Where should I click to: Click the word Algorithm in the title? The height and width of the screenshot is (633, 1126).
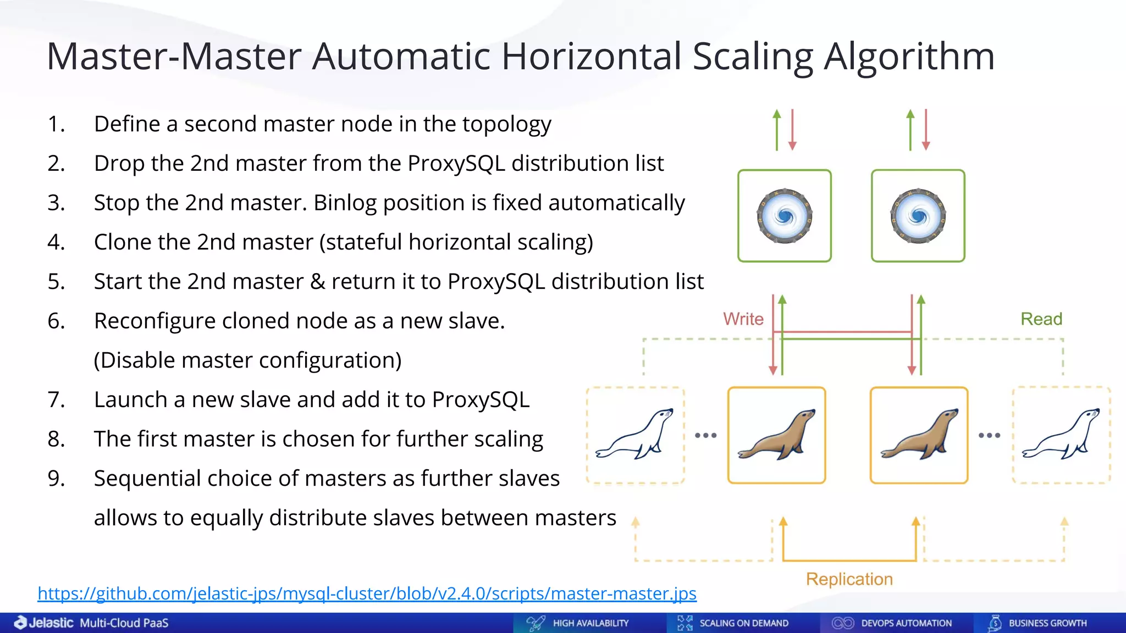pos(909,57)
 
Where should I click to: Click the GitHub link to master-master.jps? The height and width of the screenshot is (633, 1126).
pos(367,593)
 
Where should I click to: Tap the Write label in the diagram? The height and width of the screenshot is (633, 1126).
pos(743,319)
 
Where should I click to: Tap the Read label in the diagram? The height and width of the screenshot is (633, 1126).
pos(1041,319)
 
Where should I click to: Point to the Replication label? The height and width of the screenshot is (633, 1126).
pos(849,579)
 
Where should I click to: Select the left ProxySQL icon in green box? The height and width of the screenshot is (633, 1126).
pos(785,216)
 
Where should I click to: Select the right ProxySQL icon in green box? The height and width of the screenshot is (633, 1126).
pos(918,216)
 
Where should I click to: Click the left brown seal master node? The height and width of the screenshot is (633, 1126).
pos(776,435)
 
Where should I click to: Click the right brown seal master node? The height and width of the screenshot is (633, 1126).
pos(919,435)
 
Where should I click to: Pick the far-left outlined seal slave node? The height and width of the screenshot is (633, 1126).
pos(635,435)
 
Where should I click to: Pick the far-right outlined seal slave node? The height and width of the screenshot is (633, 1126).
pos(1061,435)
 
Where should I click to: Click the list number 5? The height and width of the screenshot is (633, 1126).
pos(56,282)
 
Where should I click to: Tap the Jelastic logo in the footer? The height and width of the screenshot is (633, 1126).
pos(44,623)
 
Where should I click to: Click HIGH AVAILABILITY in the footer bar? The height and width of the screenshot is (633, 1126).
pos(590,623)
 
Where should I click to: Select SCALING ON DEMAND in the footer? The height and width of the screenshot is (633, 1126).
pos(743,623)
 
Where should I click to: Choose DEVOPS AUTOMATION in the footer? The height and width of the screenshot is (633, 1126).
pos(906,623)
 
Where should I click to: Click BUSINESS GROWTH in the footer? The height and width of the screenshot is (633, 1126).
pos(1047,623)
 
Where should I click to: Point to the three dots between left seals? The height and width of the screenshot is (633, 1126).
pos(705,435)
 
